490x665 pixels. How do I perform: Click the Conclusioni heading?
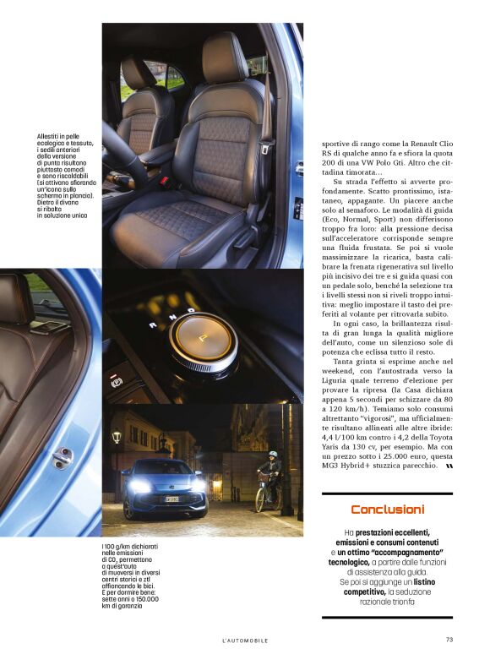click(387, 510)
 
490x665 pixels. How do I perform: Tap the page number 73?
click(449, 640)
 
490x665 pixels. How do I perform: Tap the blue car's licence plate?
click(171, 499)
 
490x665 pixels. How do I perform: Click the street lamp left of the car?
click(117, 437)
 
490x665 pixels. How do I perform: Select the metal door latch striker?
click(63, 456)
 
